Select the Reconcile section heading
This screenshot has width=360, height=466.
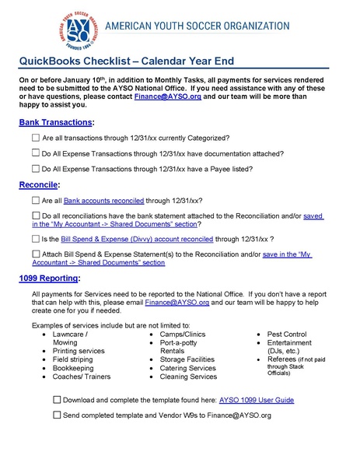pyautogui.click(x=38, y=185)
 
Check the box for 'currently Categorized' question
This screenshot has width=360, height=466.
pyautogui.click(x=37, y=138)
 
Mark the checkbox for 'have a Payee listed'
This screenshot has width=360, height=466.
pyautogui.click(x=37, y=169)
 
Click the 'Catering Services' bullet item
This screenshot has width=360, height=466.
pyautogui.click(x=187, y=368)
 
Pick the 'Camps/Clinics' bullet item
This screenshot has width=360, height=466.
pyautogui.click(x=183, y=334)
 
